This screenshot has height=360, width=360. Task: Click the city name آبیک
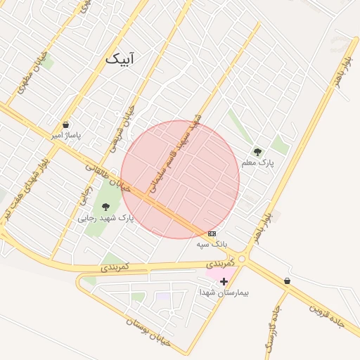[119, 59]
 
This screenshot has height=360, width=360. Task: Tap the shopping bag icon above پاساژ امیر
[65, 124]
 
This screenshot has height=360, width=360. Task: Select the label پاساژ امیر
[65, 134]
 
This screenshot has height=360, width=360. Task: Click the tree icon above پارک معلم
[257, 151]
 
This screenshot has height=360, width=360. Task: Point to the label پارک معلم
[257, 162]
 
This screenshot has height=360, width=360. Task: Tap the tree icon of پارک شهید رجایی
[105, 207]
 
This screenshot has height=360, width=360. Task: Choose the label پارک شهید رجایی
[105, 218]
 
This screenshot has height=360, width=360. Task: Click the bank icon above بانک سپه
[212, 233]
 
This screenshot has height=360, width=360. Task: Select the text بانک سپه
[212, 244]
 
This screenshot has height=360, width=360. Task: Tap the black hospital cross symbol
[224, 281]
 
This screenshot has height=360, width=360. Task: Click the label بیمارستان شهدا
[224, 292]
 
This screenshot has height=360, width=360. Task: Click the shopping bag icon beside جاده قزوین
[287, 281]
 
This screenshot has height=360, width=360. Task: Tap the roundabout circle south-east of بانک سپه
[242, 259]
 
